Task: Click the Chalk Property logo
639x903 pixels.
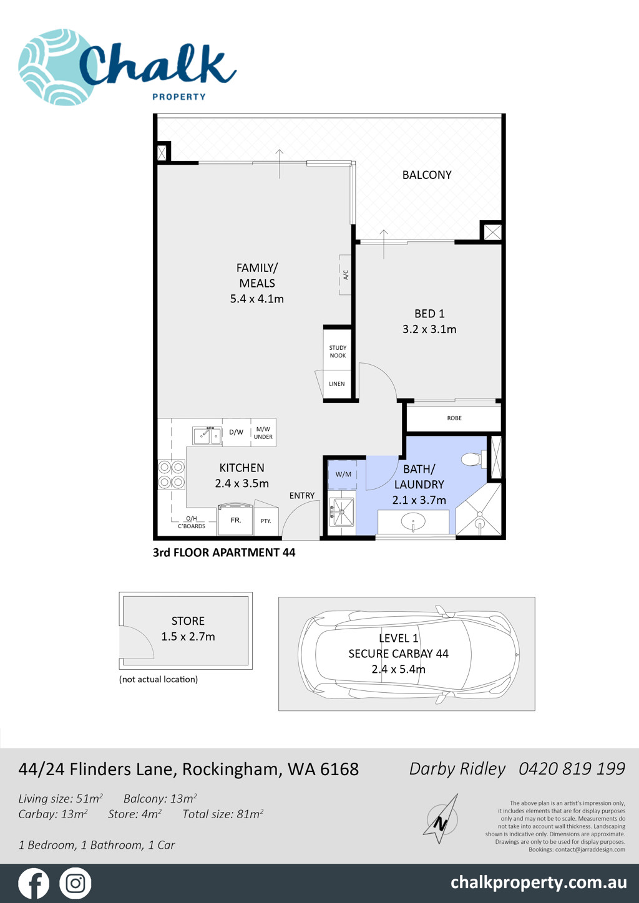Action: [x=127, y=67]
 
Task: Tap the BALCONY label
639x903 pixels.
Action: [x=427, y=175]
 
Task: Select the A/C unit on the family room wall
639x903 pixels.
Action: [x=345, y=275]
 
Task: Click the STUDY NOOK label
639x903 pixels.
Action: [x=338, y=352]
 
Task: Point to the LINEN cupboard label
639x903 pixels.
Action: [x=337, y=384]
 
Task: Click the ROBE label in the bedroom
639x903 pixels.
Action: [x=454, y=418]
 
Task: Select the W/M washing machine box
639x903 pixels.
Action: [x=343, y=475]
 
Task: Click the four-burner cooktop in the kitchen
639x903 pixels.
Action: [x=172, y=475]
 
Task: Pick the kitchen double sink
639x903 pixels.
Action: [x=207, y=435]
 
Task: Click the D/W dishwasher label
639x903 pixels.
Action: [x=237, y=432]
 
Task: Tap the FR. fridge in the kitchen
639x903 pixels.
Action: [x=236, y=519]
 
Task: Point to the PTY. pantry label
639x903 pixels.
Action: [x=266, y=521]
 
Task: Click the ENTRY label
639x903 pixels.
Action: [x=302, y=495]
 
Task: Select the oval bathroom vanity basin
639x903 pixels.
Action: [x=413, y=521]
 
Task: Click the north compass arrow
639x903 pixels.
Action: [x=441, y=818]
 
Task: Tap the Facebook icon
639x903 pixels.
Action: [x=34, y=883]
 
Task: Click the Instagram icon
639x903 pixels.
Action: [x=76, y=883]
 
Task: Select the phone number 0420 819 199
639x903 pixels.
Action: [x=572, y=769]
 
